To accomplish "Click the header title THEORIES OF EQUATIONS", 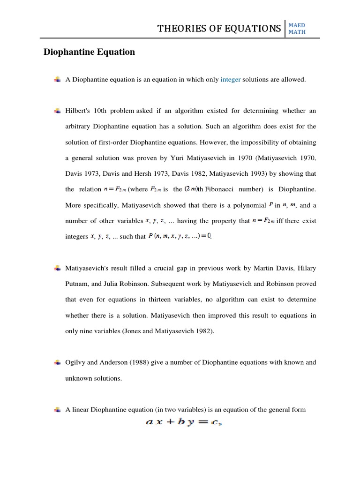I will click(x=219, y=29).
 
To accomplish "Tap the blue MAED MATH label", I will click(x=297, y=29).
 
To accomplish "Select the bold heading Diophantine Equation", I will click(x=89, y=52).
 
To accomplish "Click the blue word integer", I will click(x=231, y=80).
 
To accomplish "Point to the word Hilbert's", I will click(x=78, y=111).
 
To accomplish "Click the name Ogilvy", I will click(x=76, y=362).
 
